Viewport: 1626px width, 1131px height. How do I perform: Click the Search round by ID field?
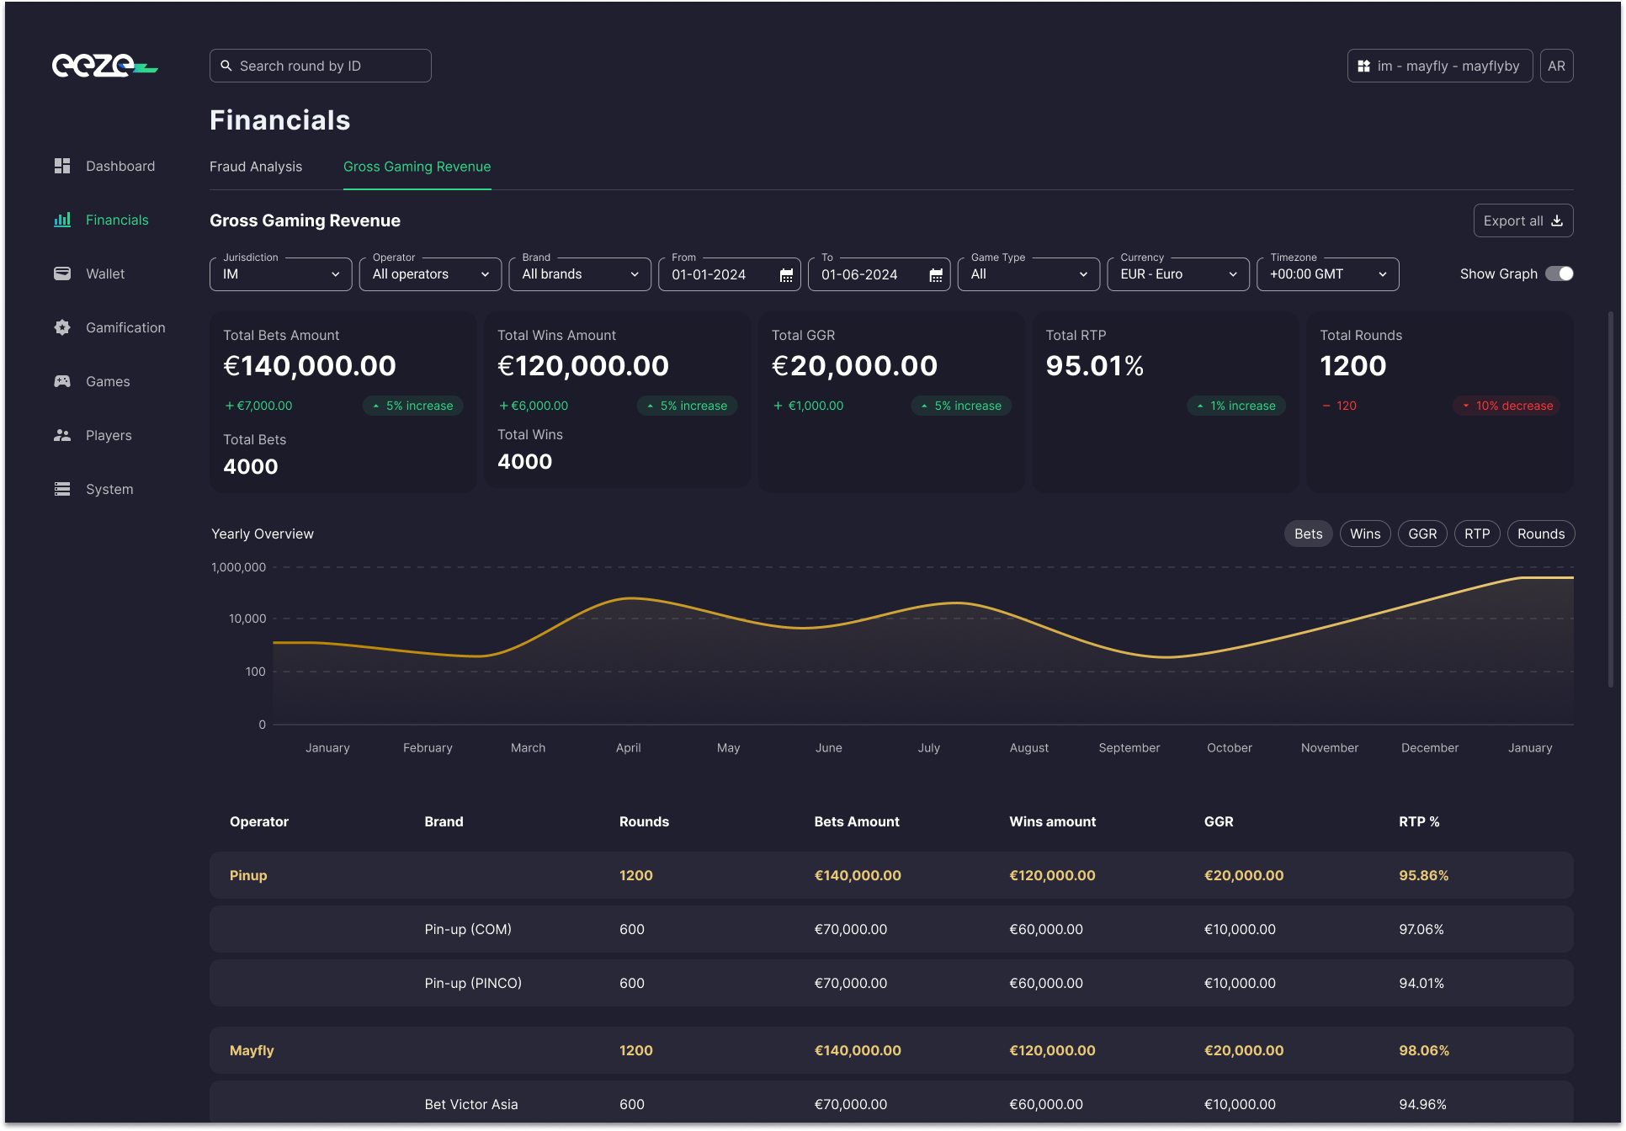pyautogui.click(x=320, y=66)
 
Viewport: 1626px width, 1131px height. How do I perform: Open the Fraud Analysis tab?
pyautogui.click(x=256, y=167)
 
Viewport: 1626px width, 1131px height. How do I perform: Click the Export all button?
pyautogui.click(x=1522, y=220)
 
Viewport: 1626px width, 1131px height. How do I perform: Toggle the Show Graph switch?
pyautogui.click(x=1559, y=273)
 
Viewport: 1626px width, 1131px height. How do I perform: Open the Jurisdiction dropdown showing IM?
pyautogui.click(x=280, y=274)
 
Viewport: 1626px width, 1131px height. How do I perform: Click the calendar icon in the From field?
pyautogui.click(x=786, y=275)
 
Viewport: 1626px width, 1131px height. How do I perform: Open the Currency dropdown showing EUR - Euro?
pyautogui.click(x=1177, y=274)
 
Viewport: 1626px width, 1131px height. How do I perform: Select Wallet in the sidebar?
pyautogui.click(x=105, y=273)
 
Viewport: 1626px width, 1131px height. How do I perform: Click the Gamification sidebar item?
pyautogui.click(x=125, y=327)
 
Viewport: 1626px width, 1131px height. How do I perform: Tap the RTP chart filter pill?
pyautogui.click(x=1476, y=534)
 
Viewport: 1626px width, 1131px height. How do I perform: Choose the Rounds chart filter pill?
pyautogui.click(x=1540, y=534)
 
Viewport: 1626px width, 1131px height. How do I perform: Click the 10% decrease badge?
pyautogui.click(x=1506, y=406)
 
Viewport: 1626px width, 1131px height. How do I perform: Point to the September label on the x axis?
pyautogui.click(x=1129, y=747)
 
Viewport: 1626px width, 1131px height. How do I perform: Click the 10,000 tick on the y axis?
pyautogui.click(x=247, y=619)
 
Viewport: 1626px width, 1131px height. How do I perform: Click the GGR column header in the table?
pyautogui.click(x=1218, y=821)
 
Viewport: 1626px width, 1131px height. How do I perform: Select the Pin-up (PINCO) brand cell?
pyautogui.click(x=473, y=983)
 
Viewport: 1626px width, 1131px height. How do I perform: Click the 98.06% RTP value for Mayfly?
pyautogui.click(x=1423, y=1050)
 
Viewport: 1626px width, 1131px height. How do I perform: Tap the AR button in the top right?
pyautogui.click(x=1556, y=66)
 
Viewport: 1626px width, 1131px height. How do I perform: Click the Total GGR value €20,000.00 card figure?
pyautogui.click(x=853, y=366)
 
